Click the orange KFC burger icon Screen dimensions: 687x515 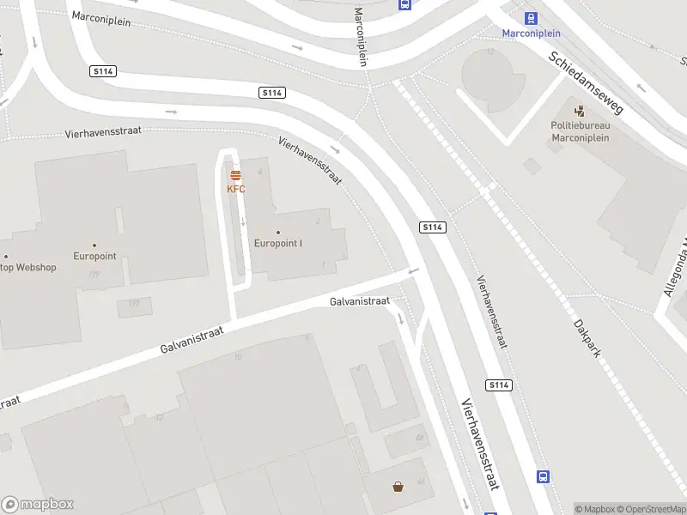[235, 175]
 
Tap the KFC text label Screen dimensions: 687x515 [235, 189]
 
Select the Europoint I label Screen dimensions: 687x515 [278, 243]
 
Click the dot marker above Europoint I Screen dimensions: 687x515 [278, 232]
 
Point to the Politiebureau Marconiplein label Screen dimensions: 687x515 [580, 131]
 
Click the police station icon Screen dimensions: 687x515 [580, 111]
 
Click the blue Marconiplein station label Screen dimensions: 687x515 [532, 33]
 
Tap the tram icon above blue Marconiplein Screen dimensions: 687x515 [532, 18]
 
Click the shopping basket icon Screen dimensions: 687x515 [398, 488]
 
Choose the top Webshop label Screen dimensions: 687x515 [28, 267]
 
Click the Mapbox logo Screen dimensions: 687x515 [38, 505]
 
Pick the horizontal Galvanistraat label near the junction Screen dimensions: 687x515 [360, 301]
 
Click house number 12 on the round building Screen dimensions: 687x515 [491, 51]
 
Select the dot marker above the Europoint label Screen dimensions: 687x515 [94, 245]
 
